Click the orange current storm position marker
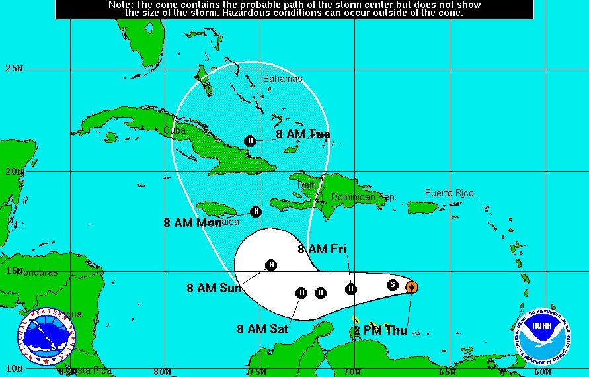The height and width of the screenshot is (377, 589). pyautogui.click(x=411, y=286)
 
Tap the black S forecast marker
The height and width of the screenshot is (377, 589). pyautogui.click(x=393, y=285)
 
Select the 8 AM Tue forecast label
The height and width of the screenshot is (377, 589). pyautogui.click(x=303, y=134)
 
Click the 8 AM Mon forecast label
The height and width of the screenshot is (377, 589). pyautogui.click(x=193, y=223)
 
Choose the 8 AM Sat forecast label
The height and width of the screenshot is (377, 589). pyautogui.click(x=262, y=329)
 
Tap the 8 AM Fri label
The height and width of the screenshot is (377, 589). pyautogui.click(x=322, y=249)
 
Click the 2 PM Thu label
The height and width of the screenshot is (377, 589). pyautogui.click(x=380, y=331)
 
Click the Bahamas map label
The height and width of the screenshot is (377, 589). pyautogui.click(x=282, y=79)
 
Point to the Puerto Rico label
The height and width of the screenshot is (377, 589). pyautogui.click(x=449, y=193)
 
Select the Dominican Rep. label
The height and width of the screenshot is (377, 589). pyautogui.click(x=364, y=197)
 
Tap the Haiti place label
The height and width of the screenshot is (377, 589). pyautogui.click(x=308, y=186)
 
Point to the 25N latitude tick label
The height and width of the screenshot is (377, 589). pyautogui.click(x=14, y=68)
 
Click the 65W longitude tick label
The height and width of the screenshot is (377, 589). pyautogui.click(x=448, y=372)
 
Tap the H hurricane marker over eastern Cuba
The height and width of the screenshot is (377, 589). pyautogui.click(x=250, y=140)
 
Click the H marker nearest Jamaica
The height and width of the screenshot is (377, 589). pyautogui.click(x=256, y=212)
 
